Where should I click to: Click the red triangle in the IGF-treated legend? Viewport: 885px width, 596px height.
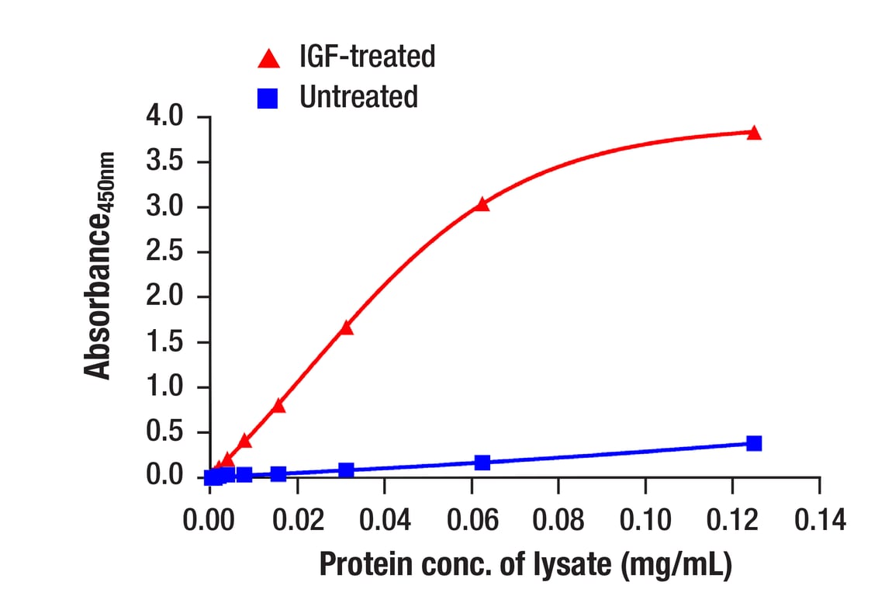point(269,58)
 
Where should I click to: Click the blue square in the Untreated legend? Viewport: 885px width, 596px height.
point(269,97)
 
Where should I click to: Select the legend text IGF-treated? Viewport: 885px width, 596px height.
point(367,57)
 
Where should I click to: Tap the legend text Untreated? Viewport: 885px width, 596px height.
point(358,97)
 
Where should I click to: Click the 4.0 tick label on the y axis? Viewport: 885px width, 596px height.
point(164,118)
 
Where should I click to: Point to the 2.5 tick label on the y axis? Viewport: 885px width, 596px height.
point(164,253)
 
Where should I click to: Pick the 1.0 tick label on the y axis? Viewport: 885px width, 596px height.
point(164,388)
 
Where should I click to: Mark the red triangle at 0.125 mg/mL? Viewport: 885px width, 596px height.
point(754,133)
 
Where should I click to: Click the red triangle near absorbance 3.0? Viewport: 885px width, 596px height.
point(482,204)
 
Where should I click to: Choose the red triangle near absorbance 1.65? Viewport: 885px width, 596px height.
point(346,327)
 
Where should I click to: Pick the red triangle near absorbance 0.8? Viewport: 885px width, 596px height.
point(278,405)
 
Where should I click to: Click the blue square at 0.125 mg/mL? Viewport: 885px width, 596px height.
point(754,443)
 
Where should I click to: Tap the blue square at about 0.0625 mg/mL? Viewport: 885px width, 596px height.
point(482,463)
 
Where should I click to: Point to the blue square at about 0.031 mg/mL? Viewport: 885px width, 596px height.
point(346,470)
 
